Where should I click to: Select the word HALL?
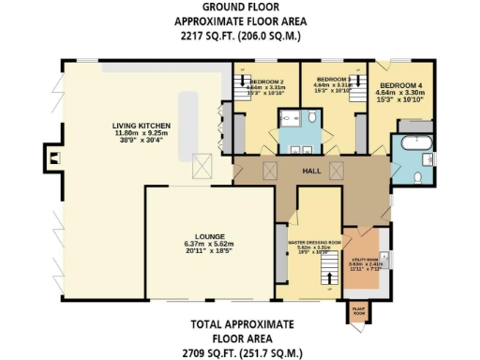click(312, 172)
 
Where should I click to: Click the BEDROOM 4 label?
click(400, 84)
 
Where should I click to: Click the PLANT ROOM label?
click(357, 311)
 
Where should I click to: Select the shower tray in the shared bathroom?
click(293, 117)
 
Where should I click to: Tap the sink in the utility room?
click(385, 254)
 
